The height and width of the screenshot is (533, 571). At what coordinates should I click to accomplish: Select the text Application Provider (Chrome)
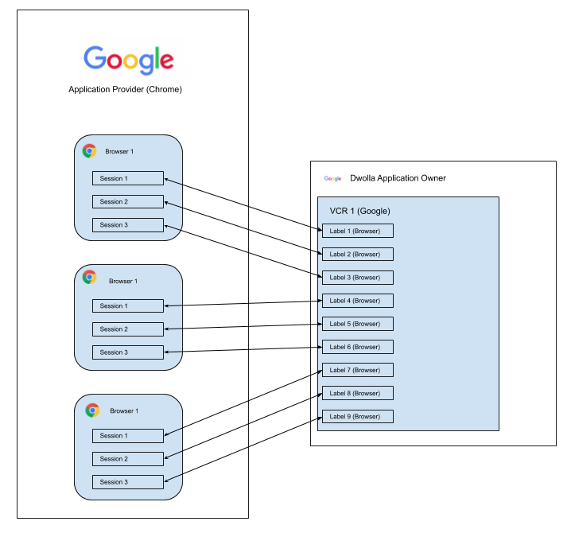[125, 90]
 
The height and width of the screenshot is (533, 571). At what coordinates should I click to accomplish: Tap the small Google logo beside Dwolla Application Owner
[332, 179]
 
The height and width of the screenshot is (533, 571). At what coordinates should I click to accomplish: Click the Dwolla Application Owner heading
[398, 178]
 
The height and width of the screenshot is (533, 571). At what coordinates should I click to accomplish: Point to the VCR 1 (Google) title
[359, 211]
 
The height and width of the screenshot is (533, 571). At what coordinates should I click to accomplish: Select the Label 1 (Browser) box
[357, 231]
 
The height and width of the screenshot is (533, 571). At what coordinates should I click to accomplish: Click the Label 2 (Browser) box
[357, 255]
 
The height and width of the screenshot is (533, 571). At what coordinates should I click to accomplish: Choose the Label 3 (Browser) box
[357, 278]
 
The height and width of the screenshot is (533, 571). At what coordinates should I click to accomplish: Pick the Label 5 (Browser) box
[357, 324]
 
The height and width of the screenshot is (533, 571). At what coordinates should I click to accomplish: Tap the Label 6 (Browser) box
[357, 347]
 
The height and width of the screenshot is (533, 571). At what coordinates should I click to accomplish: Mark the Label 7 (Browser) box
[357, 370]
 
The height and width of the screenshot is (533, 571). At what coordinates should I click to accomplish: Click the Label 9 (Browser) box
[357, 416]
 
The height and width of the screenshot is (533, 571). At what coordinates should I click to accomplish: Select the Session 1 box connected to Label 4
[128, 305]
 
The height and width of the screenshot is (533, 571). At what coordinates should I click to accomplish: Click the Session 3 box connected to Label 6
[128, 352]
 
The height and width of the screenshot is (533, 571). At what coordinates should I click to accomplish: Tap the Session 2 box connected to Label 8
[128, 458]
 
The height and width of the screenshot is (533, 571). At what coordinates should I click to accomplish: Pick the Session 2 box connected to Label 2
[128, 201]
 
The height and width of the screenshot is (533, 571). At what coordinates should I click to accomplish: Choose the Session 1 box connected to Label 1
[128, 178]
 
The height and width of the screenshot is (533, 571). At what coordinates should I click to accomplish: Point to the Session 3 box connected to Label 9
[128, 481]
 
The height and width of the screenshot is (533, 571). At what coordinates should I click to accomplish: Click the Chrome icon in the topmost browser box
[90, 151]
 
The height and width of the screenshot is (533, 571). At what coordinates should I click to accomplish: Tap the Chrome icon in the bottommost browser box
[92, 410]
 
